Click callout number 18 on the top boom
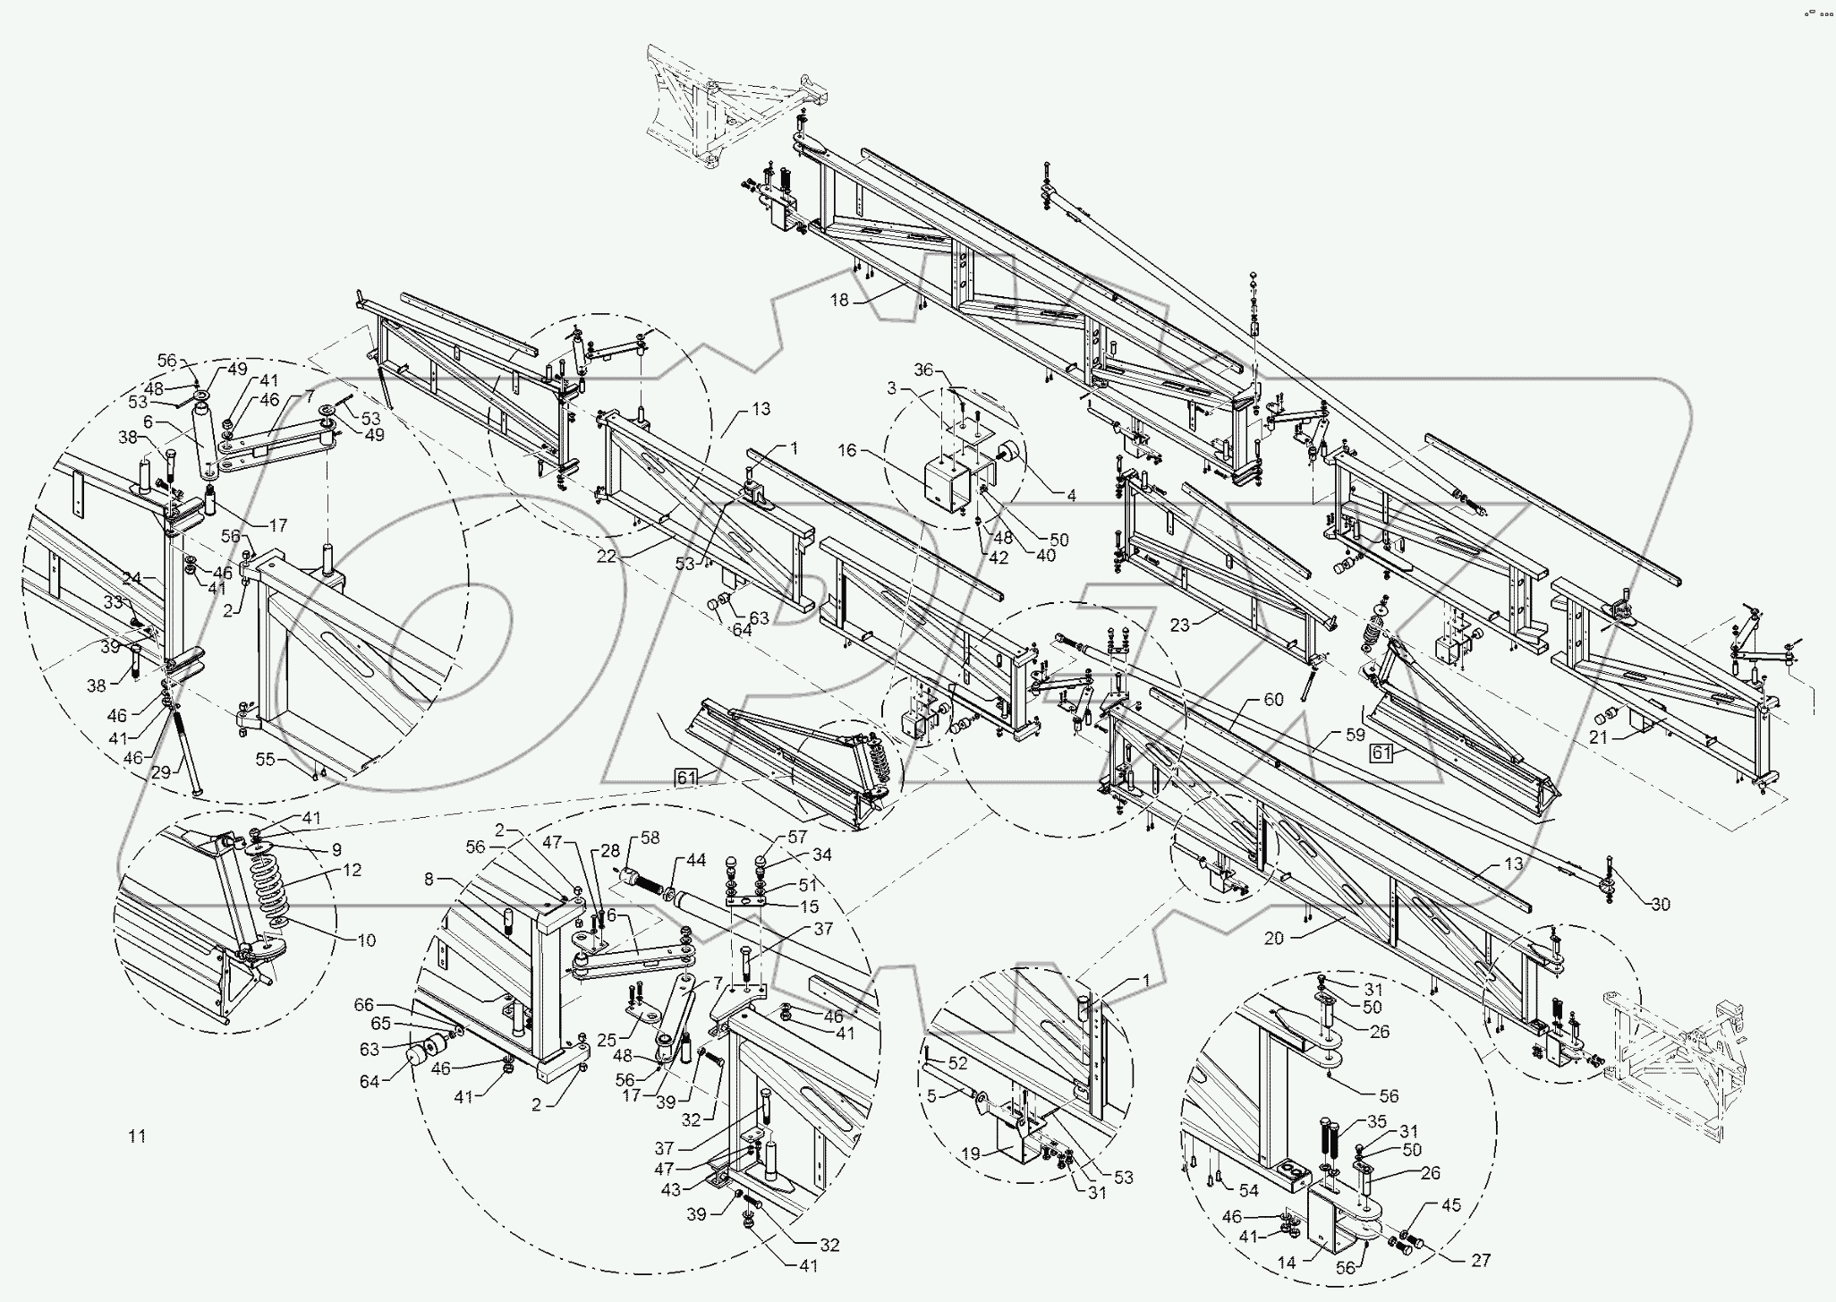838,301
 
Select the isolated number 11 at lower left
136,1136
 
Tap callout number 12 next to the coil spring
352,870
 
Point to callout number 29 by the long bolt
160,772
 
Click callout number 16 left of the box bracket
847,451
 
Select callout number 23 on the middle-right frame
1180,625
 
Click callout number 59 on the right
1356,735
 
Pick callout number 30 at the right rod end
1660,905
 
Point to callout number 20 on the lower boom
1273,939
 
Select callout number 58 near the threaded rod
650,838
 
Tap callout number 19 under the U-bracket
970,1154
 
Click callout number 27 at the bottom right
1481,1260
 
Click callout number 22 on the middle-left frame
607,556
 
